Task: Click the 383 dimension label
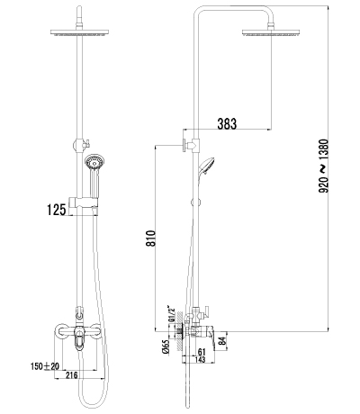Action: (x=227, y=123)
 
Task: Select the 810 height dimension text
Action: (x=151, y=238)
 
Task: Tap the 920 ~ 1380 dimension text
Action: (x=323, y=166)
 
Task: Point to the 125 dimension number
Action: (x=56, y=210)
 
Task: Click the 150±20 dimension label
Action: (x=45, y=366)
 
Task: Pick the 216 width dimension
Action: (x=71, y=374)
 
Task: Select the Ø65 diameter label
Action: (x=166, y=347)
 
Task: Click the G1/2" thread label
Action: (x=171, y=314)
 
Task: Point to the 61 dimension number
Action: (x=202, y=352)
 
